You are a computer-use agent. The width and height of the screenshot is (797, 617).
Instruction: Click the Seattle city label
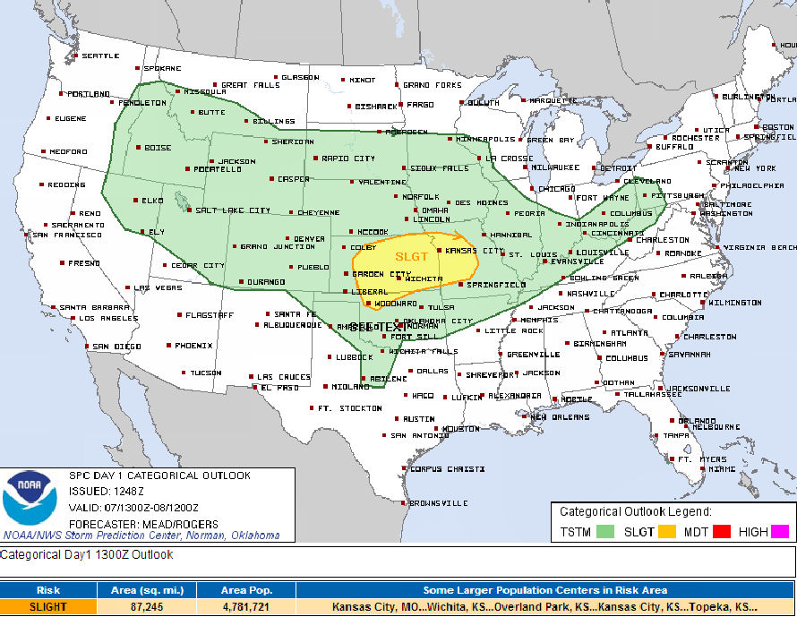pos(100,56)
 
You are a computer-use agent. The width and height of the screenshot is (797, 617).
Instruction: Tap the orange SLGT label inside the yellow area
pos(411,256)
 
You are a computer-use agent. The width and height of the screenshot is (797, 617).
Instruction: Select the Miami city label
pos(721,468)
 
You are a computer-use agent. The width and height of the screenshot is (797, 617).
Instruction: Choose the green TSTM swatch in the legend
pos(605,531)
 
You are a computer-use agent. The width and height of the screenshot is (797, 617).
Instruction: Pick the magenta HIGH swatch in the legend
pos(780,531)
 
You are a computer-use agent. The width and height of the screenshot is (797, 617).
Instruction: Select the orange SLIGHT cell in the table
pos(48,606)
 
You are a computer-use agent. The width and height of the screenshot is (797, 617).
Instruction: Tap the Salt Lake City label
pos(233,210)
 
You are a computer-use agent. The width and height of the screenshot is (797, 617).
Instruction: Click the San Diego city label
pos(116,346)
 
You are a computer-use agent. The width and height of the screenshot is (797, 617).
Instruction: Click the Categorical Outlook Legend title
pos(635,512)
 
